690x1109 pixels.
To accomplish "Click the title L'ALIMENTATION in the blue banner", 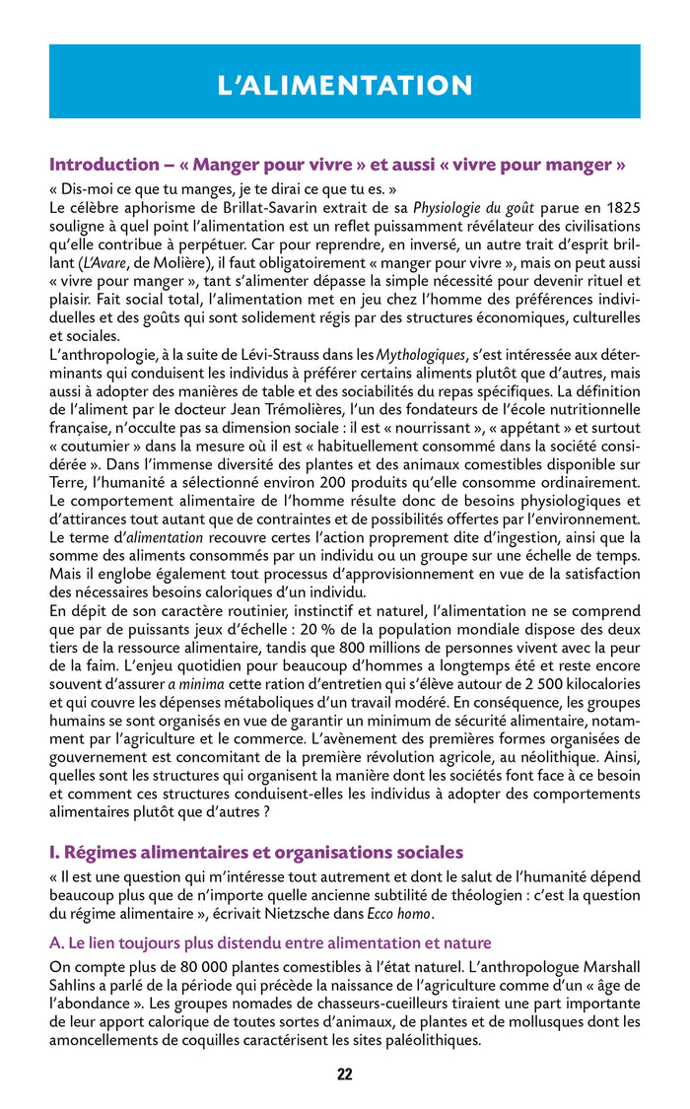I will click(x=345, y=86).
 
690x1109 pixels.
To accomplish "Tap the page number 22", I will click(x=345, y=1074).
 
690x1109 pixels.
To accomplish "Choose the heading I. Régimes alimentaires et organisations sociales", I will click(x=256, y=852).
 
